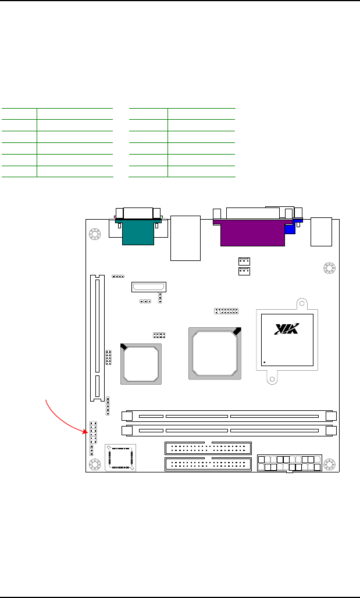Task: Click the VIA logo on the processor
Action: click(x=287, y=329)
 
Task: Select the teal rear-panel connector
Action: click(x=138, y=231)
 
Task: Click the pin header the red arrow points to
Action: click(x=93, y=433)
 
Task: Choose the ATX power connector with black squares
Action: click(x=290, y=463)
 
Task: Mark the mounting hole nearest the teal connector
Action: click(x=94, y=234)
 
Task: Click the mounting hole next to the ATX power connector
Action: click(x=329, y=464)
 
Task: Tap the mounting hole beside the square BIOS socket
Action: click(x=94, y=464)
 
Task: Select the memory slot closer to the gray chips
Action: click(x=229, y=416)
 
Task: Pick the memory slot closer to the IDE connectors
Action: click(x=229, y=431)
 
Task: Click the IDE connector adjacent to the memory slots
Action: click(x=208, y=447)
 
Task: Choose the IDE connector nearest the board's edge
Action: click(x=208, y=464)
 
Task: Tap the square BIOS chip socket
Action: click(x=120, y=458)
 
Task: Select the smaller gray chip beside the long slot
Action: click(x=141, y=364)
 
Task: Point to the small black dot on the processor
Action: click(x=265, y=362)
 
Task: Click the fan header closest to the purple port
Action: click(x=244, y=262)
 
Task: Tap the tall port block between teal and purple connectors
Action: click(x=186, y=238)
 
